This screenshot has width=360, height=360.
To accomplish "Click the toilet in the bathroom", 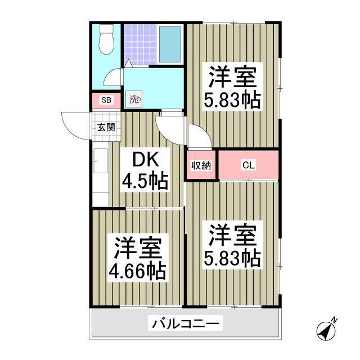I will [105, 39].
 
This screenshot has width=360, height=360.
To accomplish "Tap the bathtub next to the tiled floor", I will [170, 43].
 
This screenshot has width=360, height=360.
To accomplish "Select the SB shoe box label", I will [106, 101].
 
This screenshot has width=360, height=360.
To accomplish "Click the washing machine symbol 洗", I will [134, 100].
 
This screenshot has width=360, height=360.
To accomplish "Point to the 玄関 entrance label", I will [106, 127].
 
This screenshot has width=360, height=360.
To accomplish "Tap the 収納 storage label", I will [201, 165].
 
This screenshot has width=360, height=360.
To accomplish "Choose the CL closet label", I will [248, 165].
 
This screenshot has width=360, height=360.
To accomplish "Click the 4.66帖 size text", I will [138, 271].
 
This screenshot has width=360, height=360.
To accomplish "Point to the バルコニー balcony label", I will [186, 324].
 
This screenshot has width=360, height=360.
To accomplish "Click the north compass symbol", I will [326, 330].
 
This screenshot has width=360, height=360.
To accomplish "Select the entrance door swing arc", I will [74, 127].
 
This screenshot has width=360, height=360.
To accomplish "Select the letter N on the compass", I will [334, 321].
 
